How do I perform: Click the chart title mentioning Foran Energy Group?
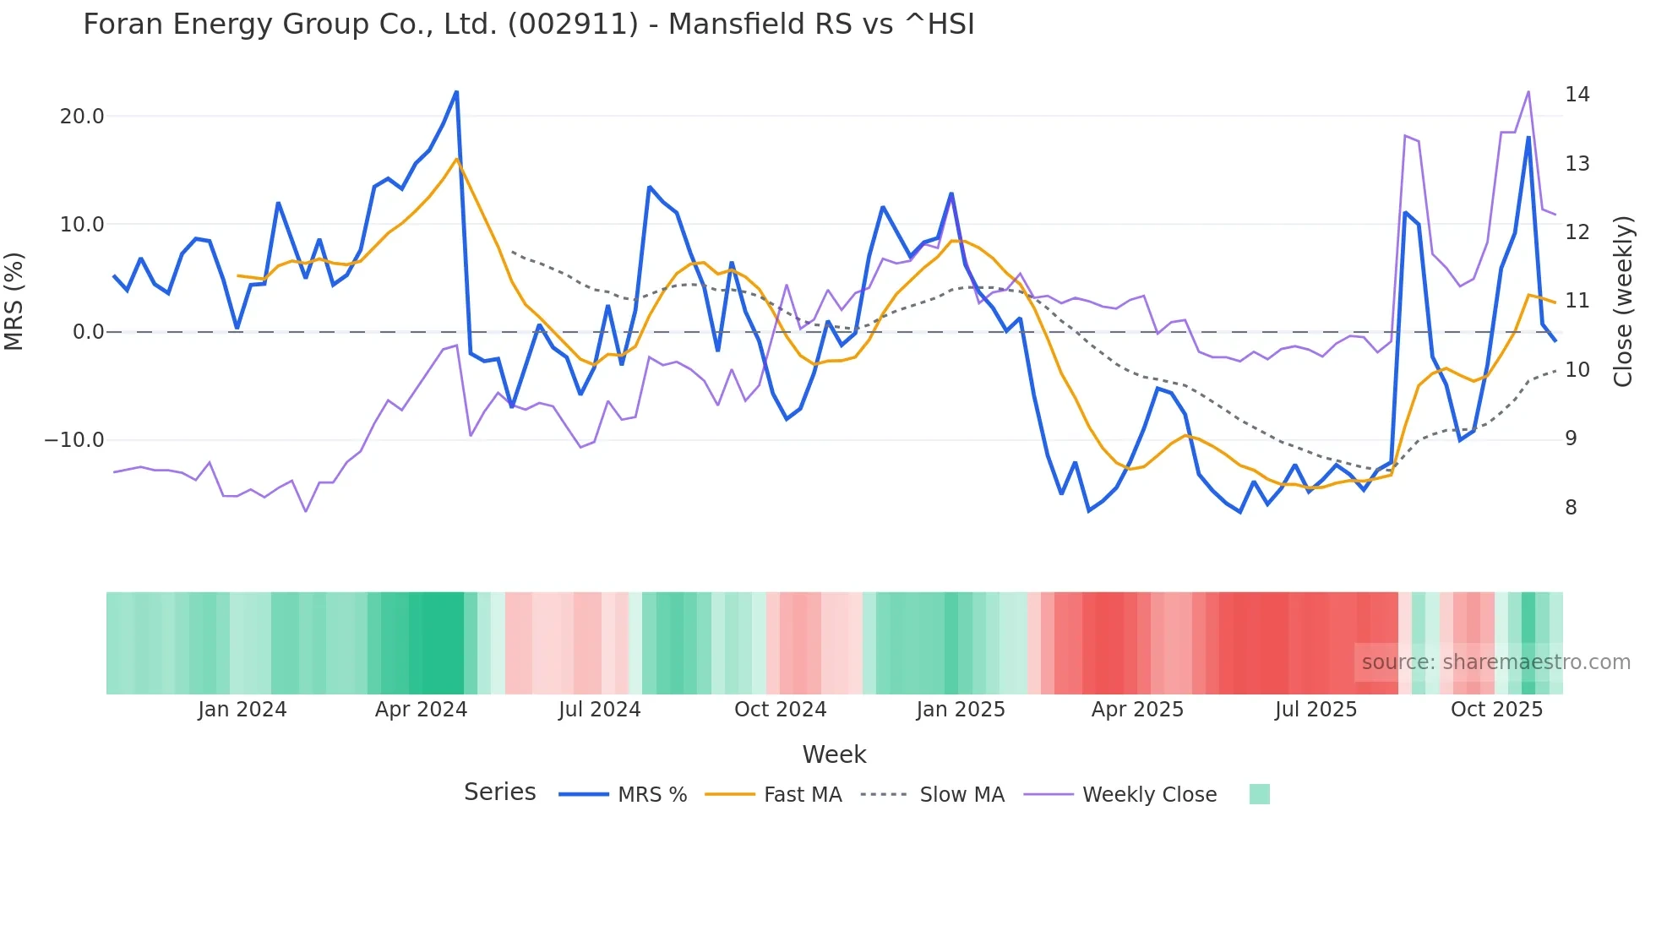(x=528, y=24)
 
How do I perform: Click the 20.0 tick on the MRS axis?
(x=82, y=117)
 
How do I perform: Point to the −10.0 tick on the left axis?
(x=75, y=440)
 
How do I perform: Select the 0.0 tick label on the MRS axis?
(x=88, y=332)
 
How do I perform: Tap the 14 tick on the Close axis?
(x=1577, y=95)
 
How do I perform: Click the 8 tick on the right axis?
(x=1571, y=508)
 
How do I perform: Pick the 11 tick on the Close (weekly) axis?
(x=1577, y=301)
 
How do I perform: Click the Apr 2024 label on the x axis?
(x=421, y=710)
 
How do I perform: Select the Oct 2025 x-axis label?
(x=1496, y=710)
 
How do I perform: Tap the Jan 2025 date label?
(x=960, y=710)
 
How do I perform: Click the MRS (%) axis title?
(x=14, y=302)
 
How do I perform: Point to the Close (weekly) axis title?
(x=1622, y=302)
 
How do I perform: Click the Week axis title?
(x=834, y=754)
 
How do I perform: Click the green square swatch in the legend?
(x=1259, y=794)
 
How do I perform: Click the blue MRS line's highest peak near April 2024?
(x=456, y=92)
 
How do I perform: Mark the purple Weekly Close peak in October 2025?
(x=1528, y=92)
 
